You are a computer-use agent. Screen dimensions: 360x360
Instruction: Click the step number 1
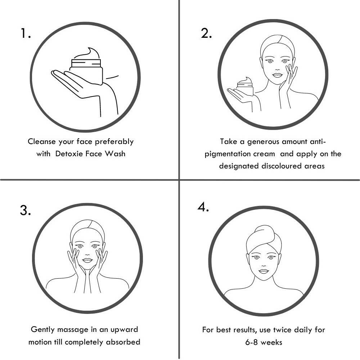coord(26,33)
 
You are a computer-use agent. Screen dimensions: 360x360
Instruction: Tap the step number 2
coord(206,33)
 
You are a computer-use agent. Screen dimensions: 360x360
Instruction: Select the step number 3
coord(25,210)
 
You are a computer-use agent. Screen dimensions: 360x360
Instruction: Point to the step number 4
coord(203,207)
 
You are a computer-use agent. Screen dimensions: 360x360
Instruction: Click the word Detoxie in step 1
coord(69,153)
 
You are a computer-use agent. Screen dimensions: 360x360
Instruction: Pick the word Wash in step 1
coord(115,153)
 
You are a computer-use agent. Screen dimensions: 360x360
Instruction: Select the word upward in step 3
coord(124,330)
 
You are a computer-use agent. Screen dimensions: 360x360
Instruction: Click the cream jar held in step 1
coord(86,72)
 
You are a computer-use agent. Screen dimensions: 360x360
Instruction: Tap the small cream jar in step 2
coord(245,89)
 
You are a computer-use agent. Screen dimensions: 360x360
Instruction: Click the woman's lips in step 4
coord(264,271)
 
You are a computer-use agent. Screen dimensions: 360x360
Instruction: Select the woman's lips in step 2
coord(277,75)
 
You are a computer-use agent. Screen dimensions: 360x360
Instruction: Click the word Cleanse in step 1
coord(42,141)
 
